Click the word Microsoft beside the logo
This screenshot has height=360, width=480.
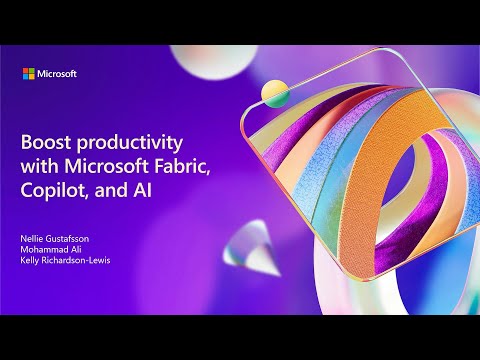pyautogui.click(x=58, y=73)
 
